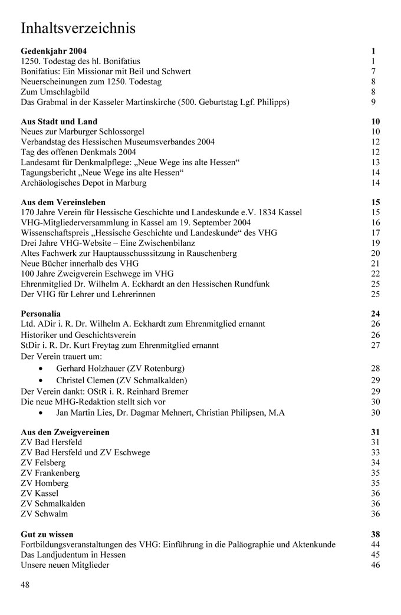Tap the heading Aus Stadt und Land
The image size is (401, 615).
click(x=59, y=121)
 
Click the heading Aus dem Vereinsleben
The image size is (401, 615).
click(x=63, y=202)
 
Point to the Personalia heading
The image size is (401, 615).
click(x=41, y=314)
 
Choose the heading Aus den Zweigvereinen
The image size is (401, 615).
click(x=65, y=432)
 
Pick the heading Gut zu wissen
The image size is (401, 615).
click(x=47, y=534)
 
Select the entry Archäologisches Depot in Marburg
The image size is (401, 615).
click(x=84, y=183)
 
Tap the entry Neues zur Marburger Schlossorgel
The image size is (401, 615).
click(x=83, y=131)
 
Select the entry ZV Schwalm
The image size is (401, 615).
click(x=43, y=513)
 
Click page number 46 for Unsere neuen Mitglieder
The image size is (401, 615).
click(x=376, y=565)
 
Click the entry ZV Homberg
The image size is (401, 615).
click(x=44, y=483)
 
